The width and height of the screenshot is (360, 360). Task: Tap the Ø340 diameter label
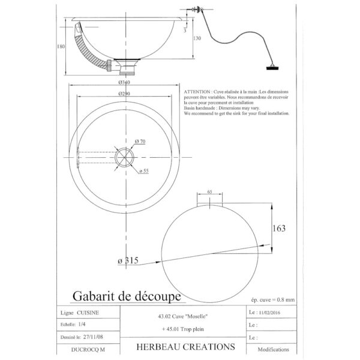point(125,82)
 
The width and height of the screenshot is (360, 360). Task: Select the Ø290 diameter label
point(125,94)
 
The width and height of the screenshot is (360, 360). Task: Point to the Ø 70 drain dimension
point(140,141)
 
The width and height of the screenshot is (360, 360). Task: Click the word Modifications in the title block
point(273,349)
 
